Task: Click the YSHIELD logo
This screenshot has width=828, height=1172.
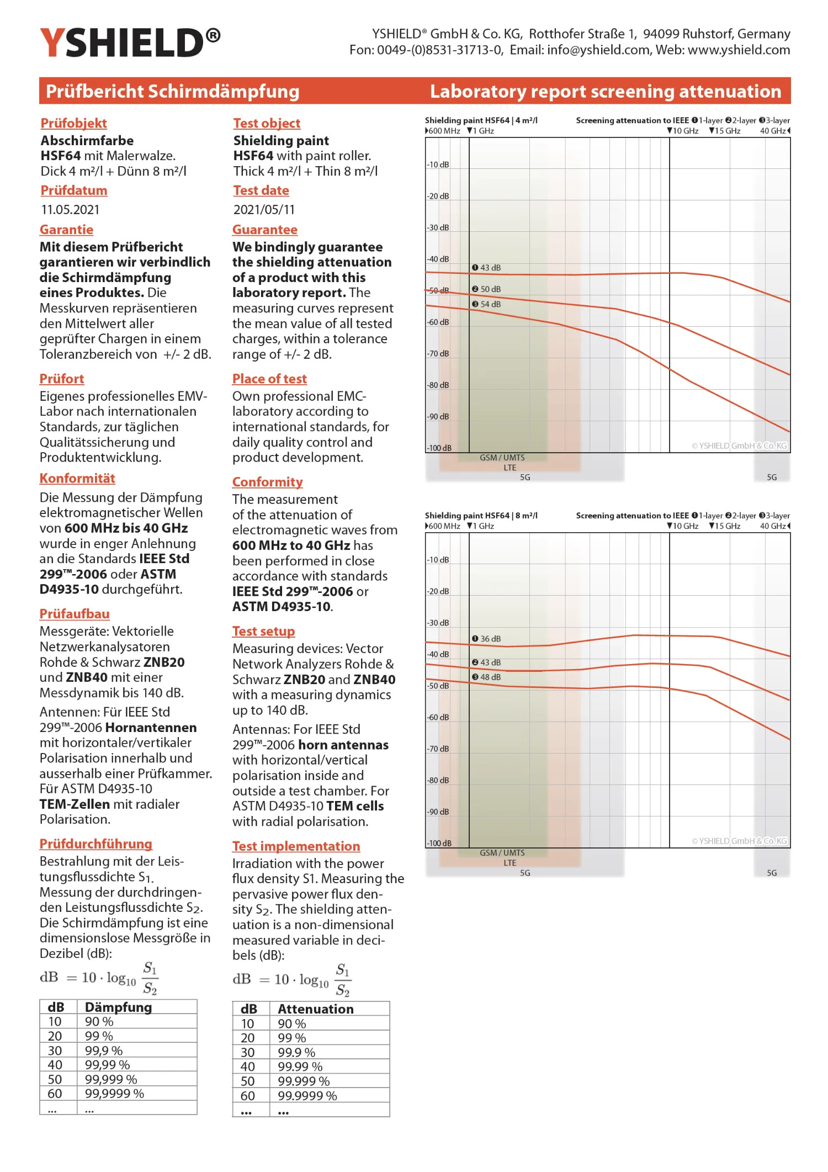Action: point(130,43)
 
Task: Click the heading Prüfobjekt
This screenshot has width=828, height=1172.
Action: point(73,123)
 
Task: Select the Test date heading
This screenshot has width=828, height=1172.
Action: point(261,190)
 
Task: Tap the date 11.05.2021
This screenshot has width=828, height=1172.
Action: point(70,210)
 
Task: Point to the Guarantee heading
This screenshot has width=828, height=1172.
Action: point(265,230)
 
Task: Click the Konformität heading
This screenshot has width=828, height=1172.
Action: point(77,479)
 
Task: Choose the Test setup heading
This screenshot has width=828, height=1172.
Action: point(263,632)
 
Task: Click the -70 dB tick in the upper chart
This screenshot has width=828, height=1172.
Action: point(438,353)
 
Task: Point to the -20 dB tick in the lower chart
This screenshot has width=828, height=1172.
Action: point(438,591)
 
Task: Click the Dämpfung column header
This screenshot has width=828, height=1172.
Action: point(118,1007)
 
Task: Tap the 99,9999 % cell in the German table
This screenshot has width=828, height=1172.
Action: point(114,1094)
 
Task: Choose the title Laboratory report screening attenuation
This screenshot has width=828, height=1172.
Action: point(606,91)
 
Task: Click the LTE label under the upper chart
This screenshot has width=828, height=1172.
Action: point(509,468)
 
